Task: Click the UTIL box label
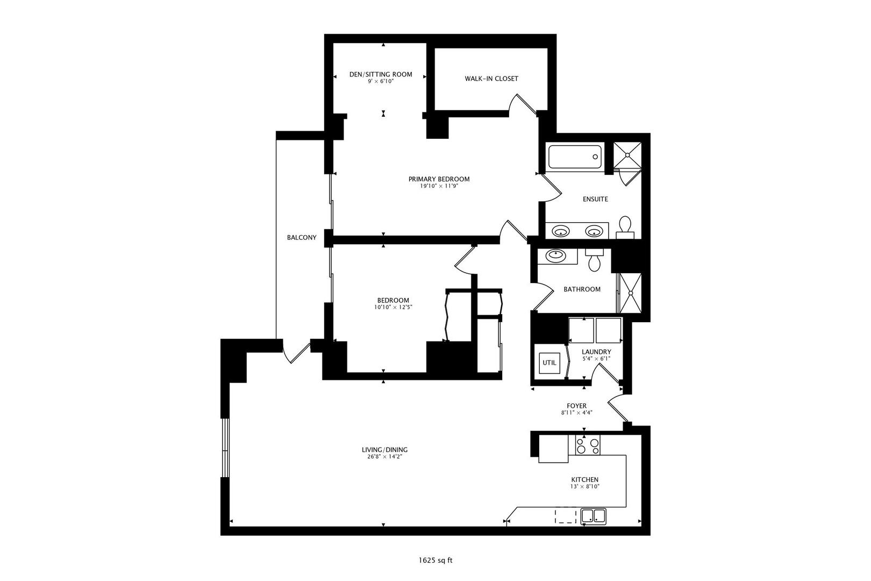pos(549,363)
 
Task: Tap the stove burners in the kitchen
pos(587,446)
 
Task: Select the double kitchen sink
pos(594,517)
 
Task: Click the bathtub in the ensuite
pos(576,157)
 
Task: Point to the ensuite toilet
pos(625,227)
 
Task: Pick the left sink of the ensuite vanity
pos(561,232)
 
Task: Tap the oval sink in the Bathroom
pos(554,256)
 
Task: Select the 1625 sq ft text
pos(435,560)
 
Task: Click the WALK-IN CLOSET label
pos(491,79)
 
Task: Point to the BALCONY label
pos(302,237)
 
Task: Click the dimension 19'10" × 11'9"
pos(438,186)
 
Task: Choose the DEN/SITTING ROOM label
pos(381,74)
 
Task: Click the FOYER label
pos(576,406)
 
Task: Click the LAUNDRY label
pos(596,352)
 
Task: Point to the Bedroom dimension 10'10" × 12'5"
pos(393,307)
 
